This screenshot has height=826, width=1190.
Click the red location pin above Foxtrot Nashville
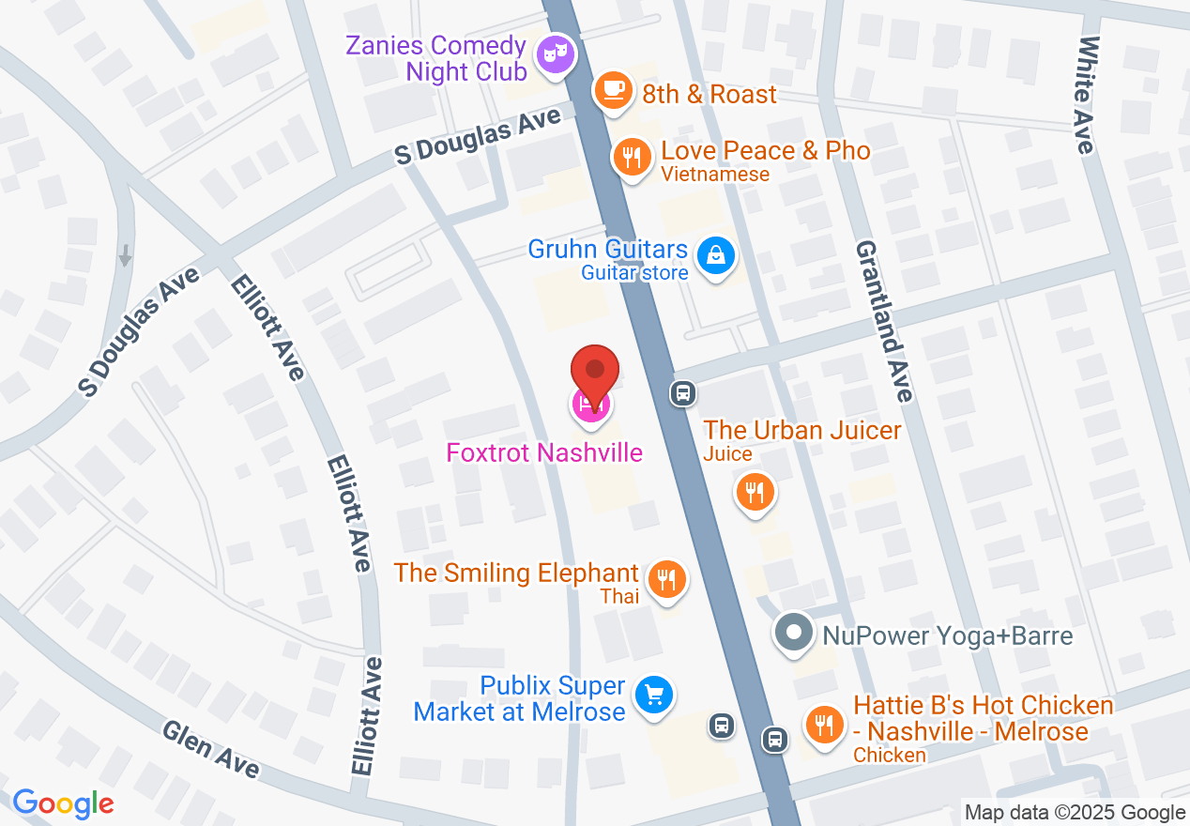coord(595,370)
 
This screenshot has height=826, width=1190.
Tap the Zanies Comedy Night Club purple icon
coord(555,53)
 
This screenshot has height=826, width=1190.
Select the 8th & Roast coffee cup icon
coord(613,91)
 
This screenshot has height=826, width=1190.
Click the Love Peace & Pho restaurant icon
coord(633,156)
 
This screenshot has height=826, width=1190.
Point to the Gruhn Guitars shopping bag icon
coord(716,254)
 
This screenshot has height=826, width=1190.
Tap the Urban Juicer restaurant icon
coord(754,491)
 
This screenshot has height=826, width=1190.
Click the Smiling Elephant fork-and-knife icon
coord(666,578)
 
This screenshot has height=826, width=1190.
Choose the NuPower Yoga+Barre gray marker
coord(794,633)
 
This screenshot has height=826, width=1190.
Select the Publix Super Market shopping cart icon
coord(653,696)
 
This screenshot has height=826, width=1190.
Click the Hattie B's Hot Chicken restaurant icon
coord(824,726)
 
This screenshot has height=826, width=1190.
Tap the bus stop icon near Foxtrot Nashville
coord(683,392)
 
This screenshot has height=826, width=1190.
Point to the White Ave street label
coord(1087,94)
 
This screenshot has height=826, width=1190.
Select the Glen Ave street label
coord(210,749)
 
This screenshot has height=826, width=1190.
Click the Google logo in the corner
coord(63,803)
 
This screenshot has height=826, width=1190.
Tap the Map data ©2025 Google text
coord(1075,813)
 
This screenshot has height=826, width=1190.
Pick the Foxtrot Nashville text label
coord(544,452)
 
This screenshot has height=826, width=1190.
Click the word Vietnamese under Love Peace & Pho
coord(715,174)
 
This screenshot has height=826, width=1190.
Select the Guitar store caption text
coord(634,273)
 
